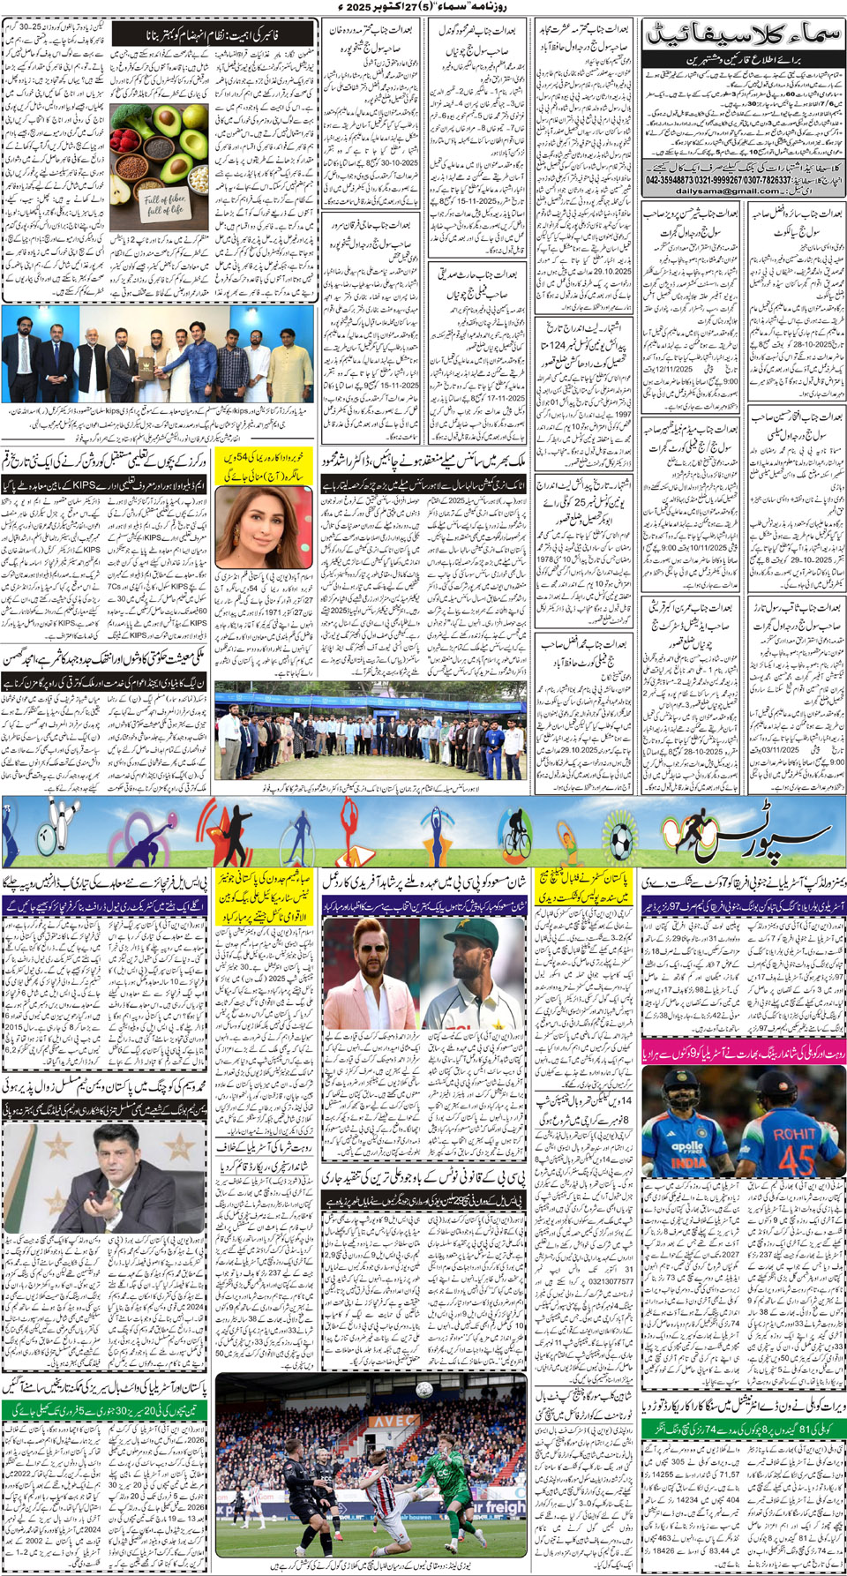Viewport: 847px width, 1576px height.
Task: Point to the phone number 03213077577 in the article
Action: point(611,1281)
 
